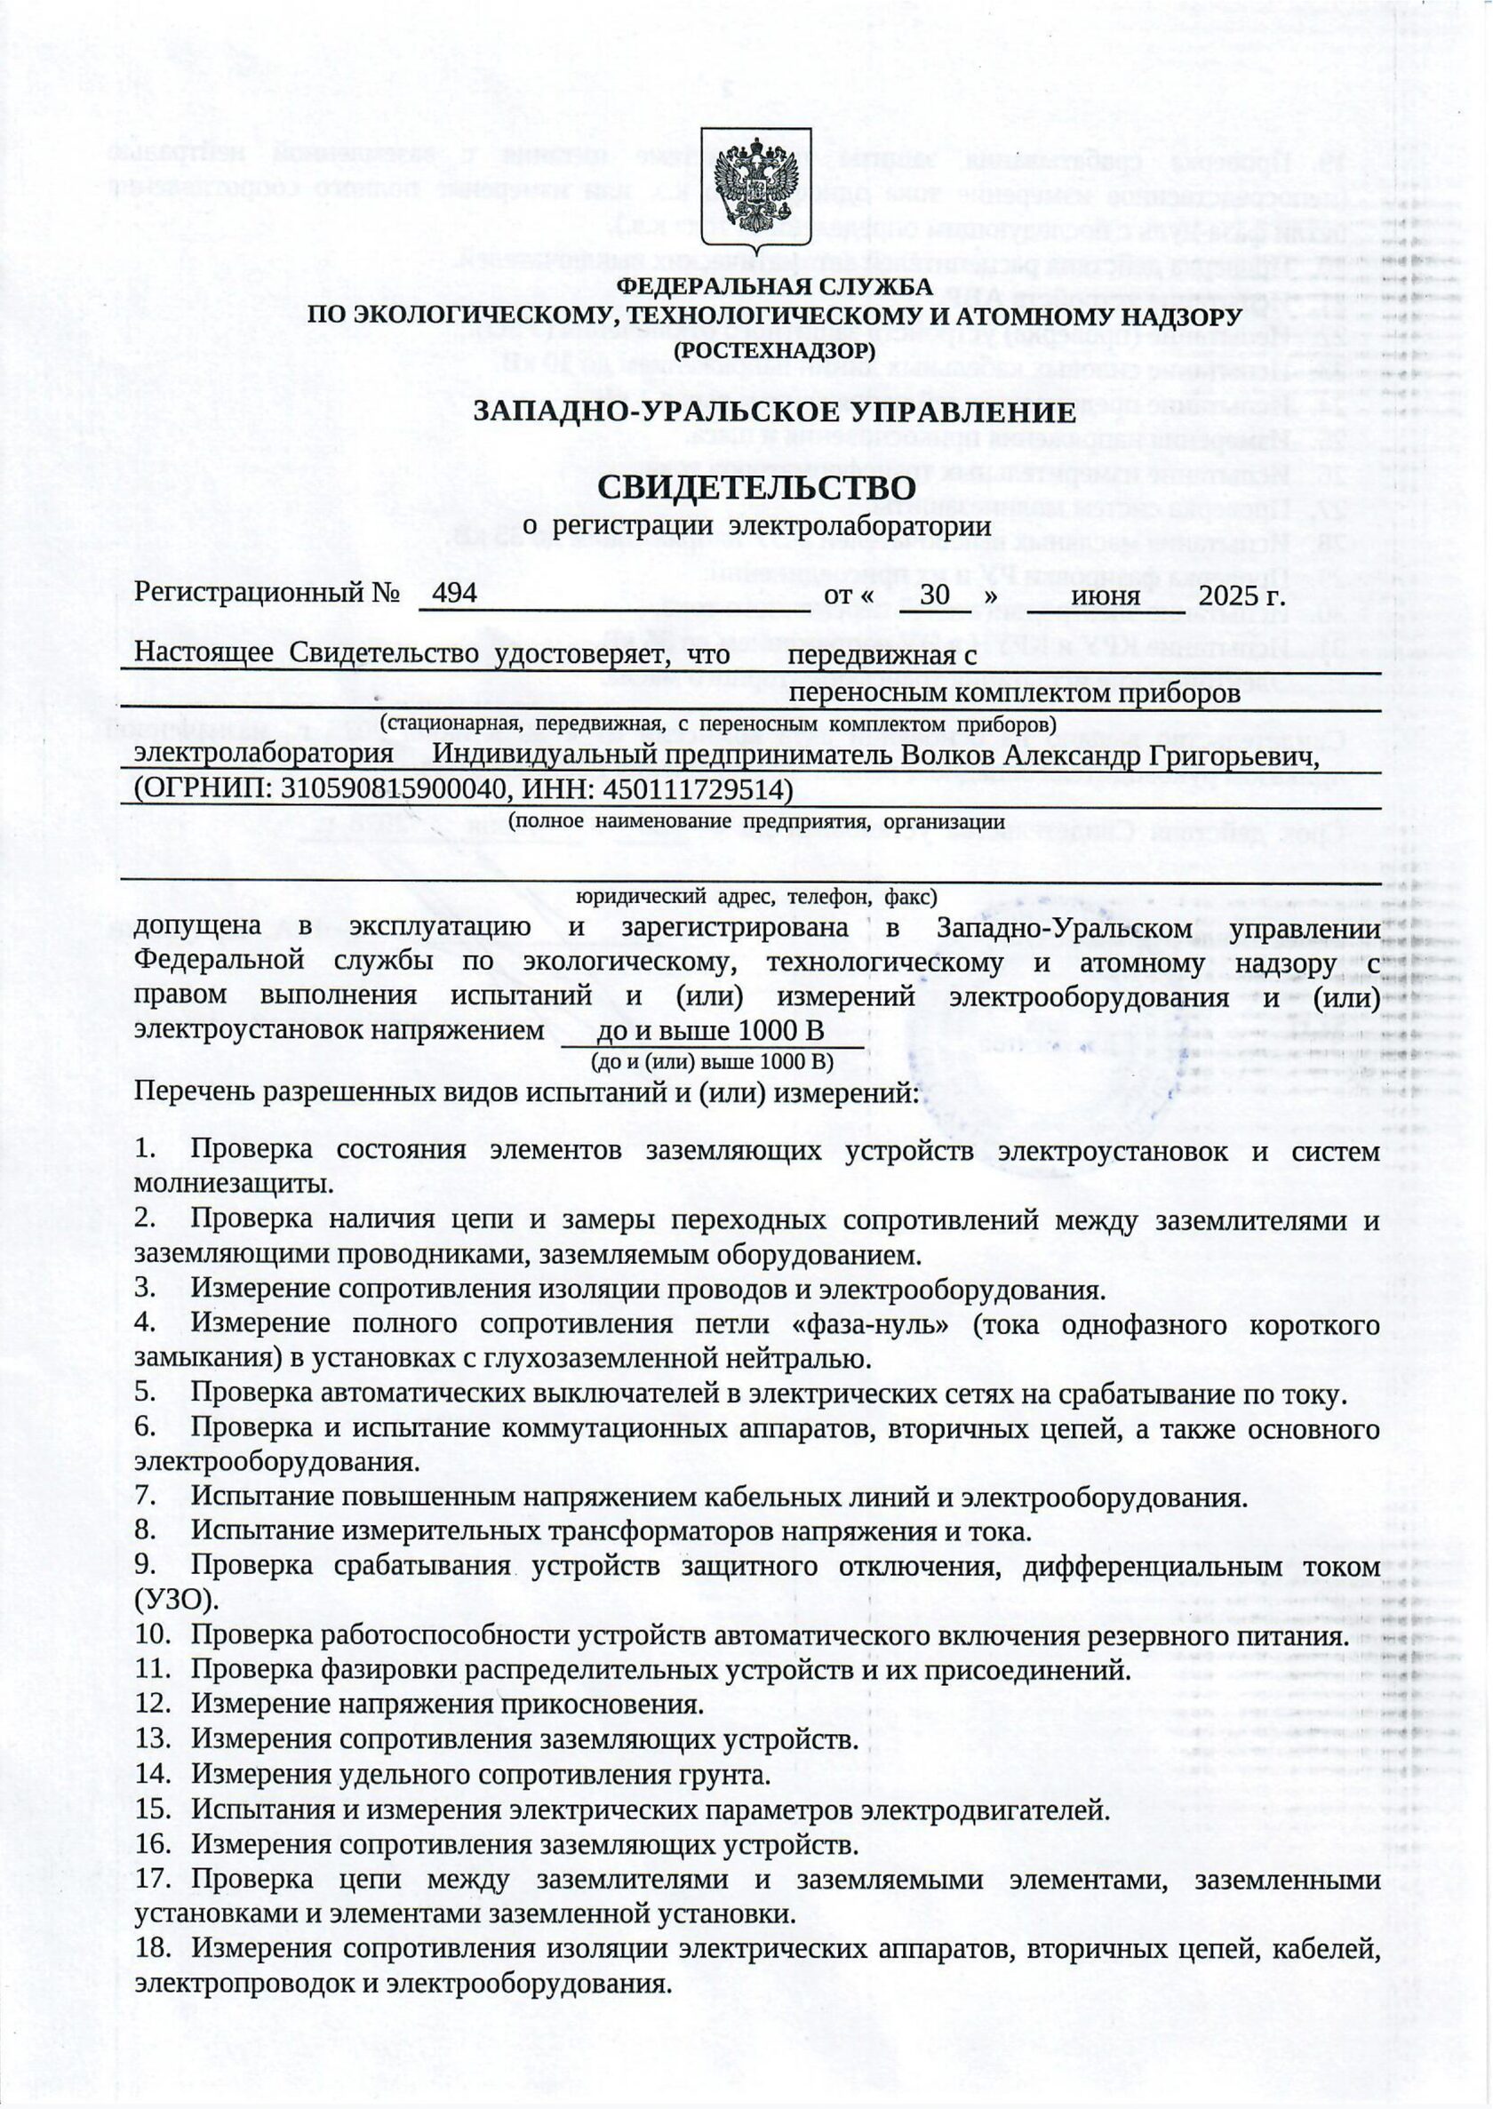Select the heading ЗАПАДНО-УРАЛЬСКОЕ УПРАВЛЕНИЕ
[x=774, y=411]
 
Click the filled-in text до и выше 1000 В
[x=710, y=1031]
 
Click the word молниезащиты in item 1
[x=234, y=1183]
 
